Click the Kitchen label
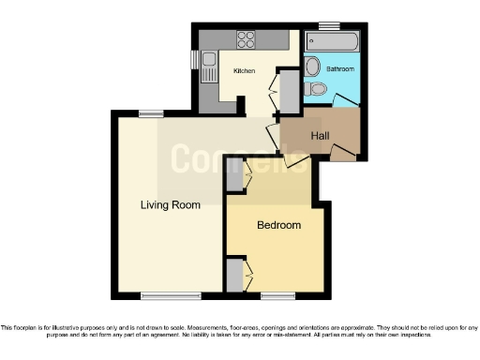click(245, 71)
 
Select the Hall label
click(320, 136)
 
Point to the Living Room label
click(171, 205)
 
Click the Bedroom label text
click(278, 225)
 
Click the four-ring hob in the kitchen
click(247, 39)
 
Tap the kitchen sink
click(208, 60)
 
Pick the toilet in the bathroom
click(316, 89)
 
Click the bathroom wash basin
click(313, 67)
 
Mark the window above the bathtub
click(328, 25)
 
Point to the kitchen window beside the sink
click(196, 60)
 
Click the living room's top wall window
click(151, 114)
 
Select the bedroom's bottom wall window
click(277, 296)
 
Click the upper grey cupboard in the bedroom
click(235, 175)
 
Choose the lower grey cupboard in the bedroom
click(233, 276)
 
